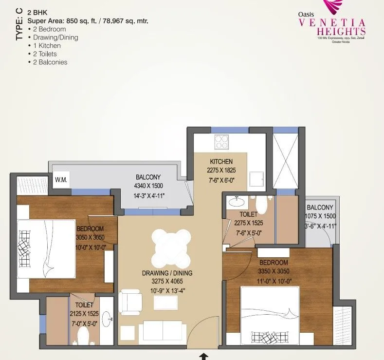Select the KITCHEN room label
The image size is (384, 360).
(x=221, y=162)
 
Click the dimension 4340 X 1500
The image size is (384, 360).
(x=148, y=186)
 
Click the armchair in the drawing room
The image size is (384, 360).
(x=130, y=301)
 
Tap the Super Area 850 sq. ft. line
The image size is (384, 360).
(x=88, y=21)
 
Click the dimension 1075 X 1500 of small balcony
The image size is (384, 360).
(x=320, y=216)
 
